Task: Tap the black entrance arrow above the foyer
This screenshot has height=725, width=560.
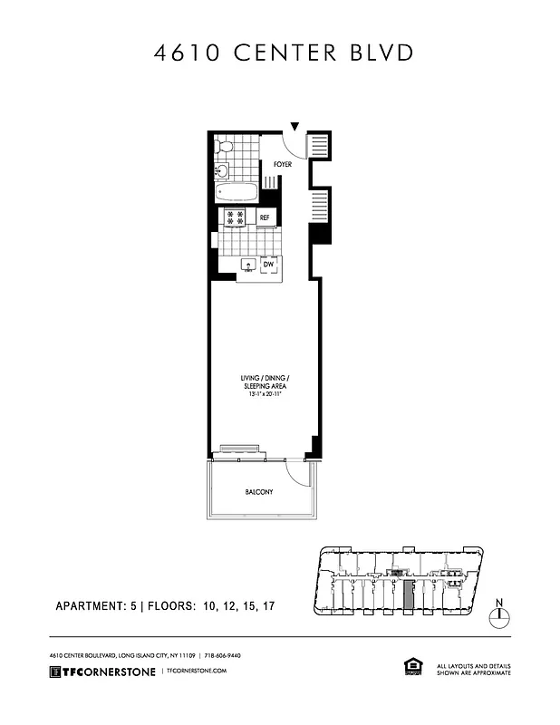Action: tap(294, 129)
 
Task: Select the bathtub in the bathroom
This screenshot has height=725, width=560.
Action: tap(238, 190)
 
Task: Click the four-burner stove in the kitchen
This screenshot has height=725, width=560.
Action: tap(236, 217)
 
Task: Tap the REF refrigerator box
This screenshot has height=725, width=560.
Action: tap(265, 217)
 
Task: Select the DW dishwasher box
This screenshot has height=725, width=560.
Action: tap(269, 265)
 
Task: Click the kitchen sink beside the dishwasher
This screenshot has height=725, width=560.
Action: tap(247, 266)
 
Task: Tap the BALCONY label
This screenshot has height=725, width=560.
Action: tap(259, 492)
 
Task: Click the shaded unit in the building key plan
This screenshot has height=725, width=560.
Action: tap(409, 595)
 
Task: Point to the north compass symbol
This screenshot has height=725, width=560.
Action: tap(498, 615)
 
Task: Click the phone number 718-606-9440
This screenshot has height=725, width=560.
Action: tap(222, 655)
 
